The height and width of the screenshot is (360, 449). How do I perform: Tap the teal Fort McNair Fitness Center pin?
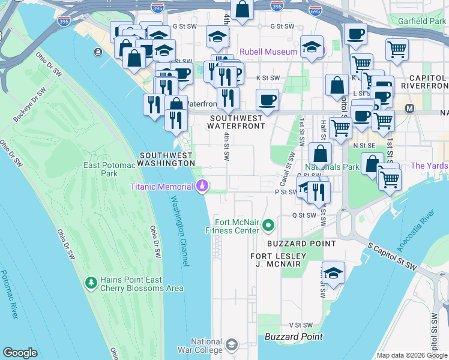268,226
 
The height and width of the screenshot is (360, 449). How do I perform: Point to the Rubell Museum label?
269,52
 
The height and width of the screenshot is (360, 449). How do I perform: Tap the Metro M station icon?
410,109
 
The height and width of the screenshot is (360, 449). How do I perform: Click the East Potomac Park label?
100,169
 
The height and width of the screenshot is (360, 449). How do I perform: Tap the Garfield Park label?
421,21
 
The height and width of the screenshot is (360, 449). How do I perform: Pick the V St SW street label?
298,325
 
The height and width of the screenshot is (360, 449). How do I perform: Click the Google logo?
20,353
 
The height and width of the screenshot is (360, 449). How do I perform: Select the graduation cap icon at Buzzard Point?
333,272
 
